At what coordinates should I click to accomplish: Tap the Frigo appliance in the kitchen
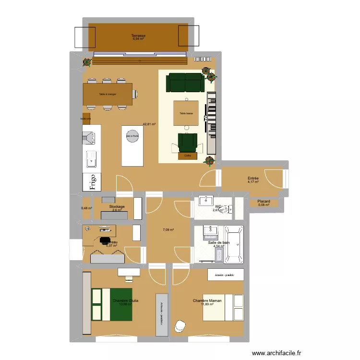(90, 182)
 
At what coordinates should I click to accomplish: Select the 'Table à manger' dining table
(108, 95)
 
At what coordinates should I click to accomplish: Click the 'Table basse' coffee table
(186, 113)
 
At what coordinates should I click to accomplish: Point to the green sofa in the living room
(185, 82)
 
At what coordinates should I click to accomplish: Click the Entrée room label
(253, 178)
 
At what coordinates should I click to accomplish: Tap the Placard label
(264, 202)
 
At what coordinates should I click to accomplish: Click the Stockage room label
(117, 207)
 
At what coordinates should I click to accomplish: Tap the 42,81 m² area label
(149, 124)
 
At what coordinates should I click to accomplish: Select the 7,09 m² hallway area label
(168, 230)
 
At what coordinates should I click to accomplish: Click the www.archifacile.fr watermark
(279, 352)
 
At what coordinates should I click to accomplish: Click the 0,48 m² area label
(86, 208)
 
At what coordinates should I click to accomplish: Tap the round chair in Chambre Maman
(180, 325)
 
